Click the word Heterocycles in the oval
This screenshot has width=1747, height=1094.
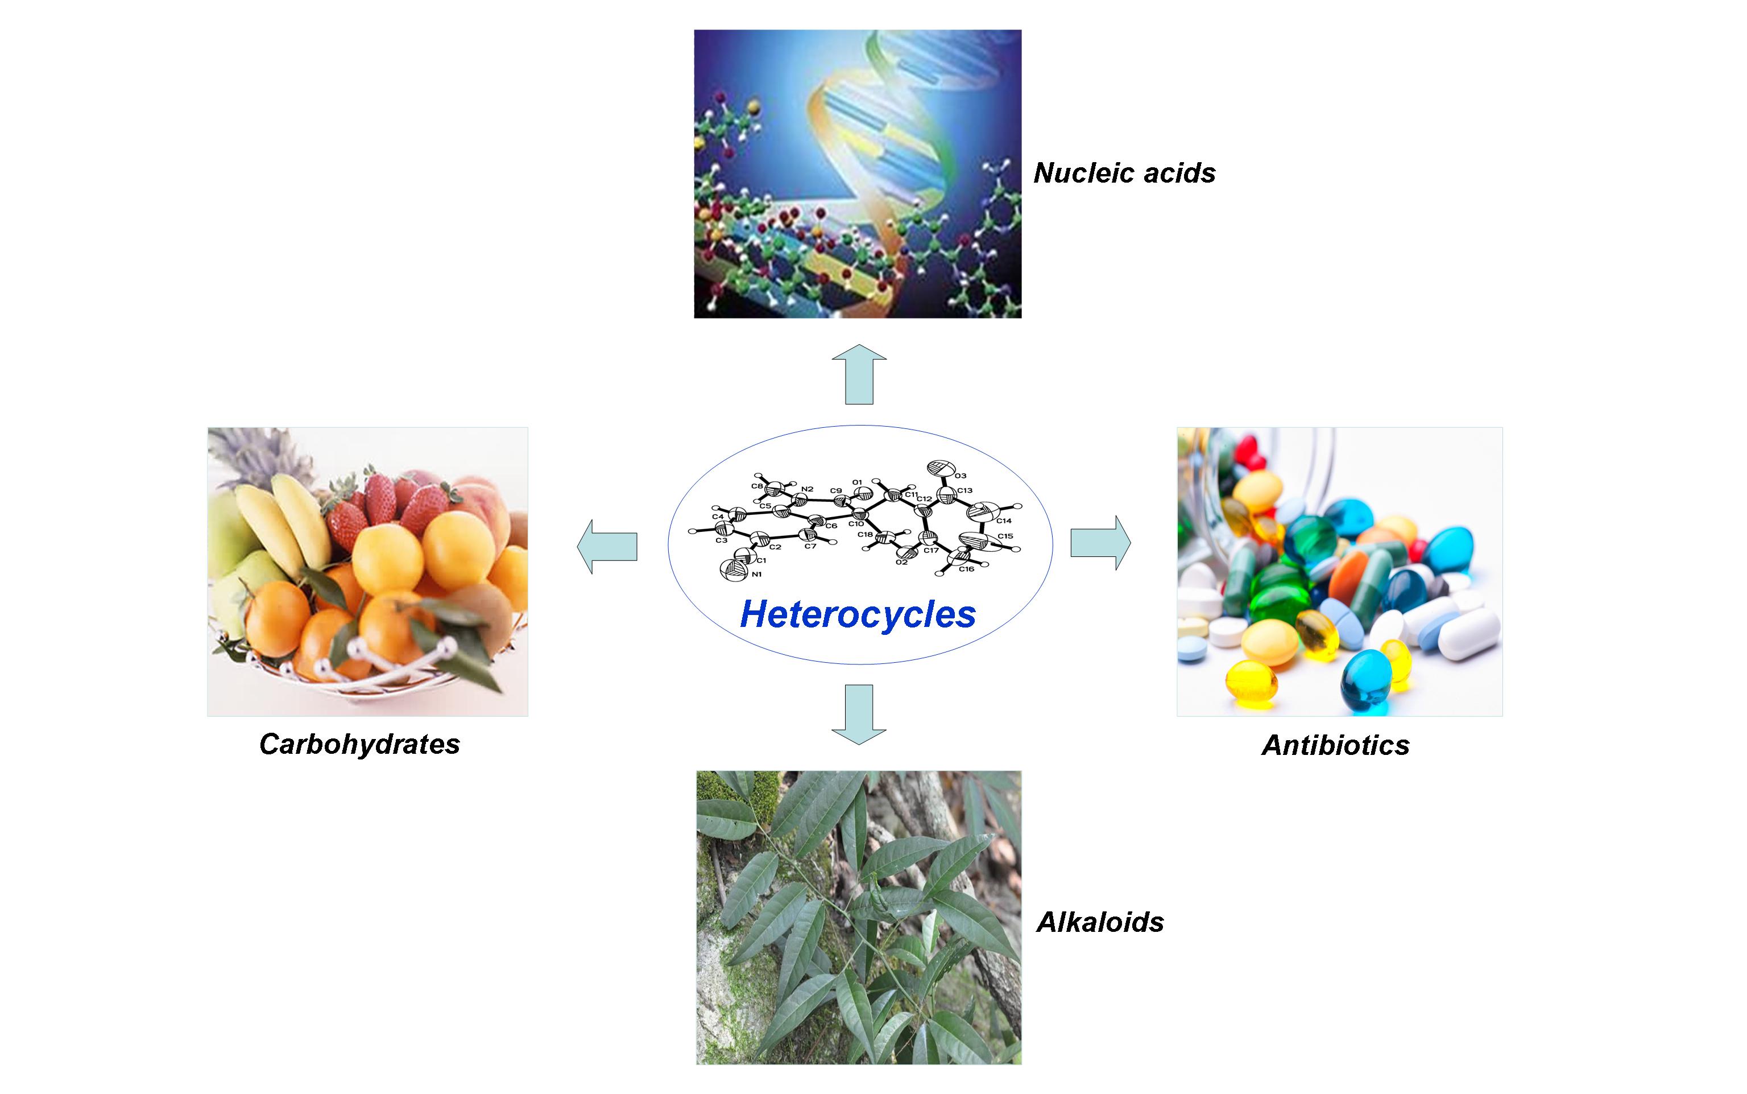point(858,614)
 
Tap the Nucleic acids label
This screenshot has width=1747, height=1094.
point(1124,173)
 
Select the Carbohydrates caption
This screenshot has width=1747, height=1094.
point(359,744)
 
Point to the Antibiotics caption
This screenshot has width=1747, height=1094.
point(1336,745)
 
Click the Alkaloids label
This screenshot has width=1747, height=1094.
point(1100,922)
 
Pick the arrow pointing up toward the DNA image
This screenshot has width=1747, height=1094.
point(859,375)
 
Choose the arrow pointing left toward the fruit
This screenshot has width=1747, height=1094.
point(607,546)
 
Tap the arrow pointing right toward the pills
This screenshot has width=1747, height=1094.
point(1100,543)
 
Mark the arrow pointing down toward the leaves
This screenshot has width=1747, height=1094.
point(859,713)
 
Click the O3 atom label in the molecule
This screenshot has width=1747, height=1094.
point(961,476)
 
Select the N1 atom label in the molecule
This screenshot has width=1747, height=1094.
point(756,575)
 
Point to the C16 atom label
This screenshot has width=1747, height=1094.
point(967,569)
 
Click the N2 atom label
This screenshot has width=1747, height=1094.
point(808,489)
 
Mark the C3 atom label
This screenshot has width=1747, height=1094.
point(721,540)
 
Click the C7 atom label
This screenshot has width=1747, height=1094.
point(810,546)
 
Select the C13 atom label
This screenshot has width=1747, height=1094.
point(965,490)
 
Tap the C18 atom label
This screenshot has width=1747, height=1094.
point(865,535)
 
